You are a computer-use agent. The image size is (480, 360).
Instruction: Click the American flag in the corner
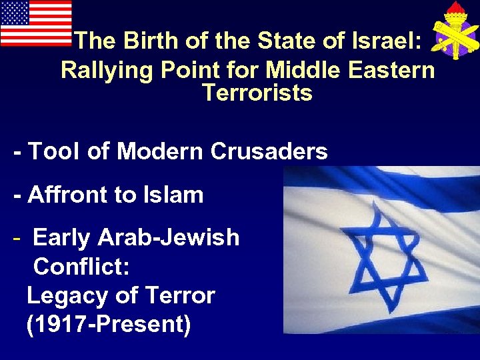point(36,23)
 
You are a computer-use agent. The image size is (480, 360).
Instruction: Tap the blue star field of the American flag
point(15,13)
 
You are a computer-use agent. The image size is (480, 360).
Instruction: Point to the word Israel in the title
point(381,41)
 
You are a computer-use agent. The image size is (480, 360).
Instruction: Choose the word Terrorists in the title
point(257,93)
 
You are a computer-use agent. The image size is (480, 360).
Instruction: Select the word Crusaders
point(269,151)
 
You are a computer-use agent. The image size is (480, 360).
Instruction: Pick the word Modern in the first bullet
point(159,151)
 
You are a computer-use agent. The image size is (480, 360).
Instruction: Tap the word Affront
point(73,195)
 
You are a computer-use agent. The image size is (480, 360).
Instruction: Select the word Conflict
point(81,267)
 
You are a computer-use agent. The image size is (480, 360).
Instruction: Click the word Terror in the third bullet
point(179,295)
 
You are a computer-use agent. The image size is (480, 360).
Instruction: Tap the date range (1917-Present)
point(108,325)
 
